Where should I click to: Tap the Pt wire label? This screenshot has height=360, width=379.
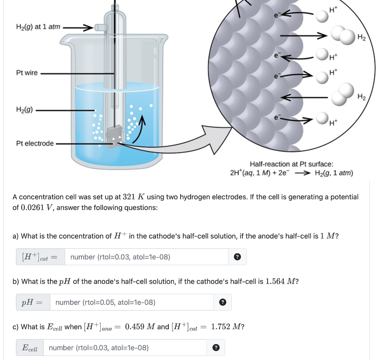tap(27, 73)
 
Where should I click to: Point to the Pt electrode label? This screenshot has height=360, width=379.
tap(35, 143)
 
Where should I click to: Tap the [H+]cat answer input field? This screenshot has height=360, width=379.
tap(147, 257)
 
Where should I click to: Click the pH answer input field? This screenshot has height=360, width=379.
tap(131, 302)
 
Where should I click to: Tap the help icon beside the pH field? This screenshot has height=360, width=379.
tap(222, 302)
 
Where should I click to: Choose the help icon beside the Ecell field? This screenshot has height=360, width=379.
tap(216, 347)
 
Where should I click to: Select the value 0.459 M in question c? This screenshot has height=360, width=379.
tap(140, 327)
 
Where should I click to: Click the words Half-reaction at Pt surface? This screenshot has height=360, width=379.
tap(291, 164)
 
